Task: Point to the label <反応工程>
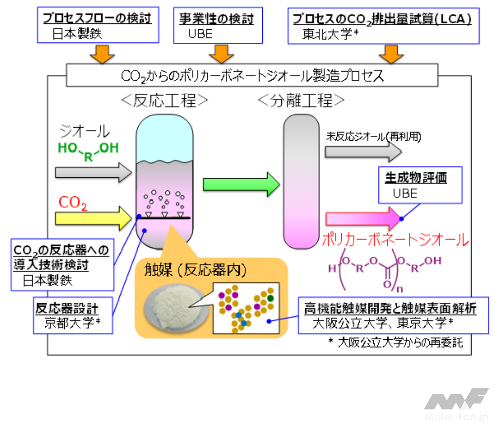tap(164, 101)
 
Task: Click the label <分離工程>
tap(300, 101)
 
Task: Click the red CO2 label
tap(73, 203)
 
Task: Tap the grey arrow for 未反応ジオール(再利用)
tap(363, 152)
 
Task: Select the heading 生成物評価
tap(416, 178)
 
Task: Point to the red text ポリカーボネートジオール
tap(395, 239)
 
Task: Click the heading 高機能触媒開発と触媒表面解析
tap(389, 308)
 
